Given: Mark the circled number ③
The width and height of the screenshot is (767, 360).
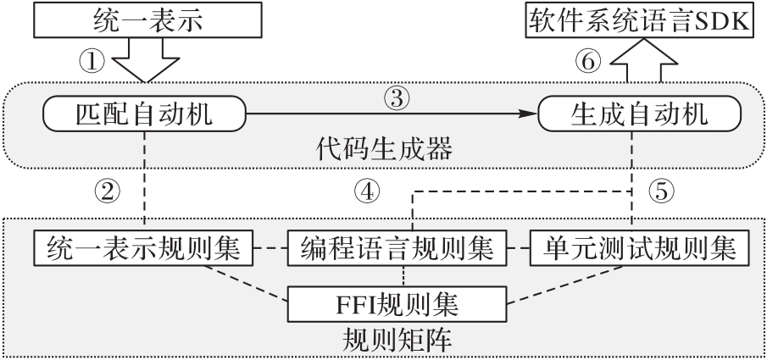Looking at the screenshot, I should click(x=396, y=96).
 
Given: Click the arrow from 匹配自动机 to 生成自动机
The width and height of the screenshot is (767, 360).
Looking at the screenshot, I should click(x=390, y=112).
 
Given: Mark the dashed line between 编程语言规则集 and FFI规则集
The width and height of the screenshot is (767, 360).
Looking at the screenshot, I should click(x=403, y=274).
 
